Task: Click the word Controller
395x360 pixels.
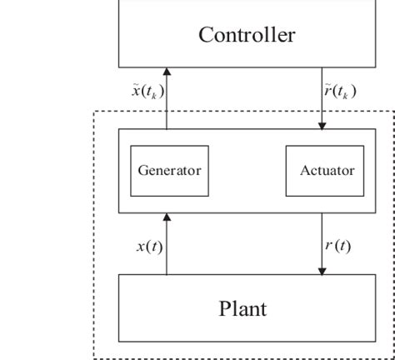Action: (246, 35)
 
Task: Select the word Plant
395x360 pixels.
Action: (242, 309)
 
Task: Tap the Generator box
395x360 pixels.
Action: (169, 170)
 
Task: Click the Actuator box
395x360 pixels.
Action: (327, 170)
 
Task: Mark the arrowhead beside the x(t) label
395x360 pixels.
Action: (167, 217)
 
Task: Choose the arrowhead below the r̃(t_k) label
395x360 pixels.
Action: (322, 125)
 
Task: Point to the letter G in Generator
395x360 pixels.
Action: (142, 170)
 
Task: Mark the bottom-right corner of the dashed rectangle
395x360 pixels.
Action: (392, 357)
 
